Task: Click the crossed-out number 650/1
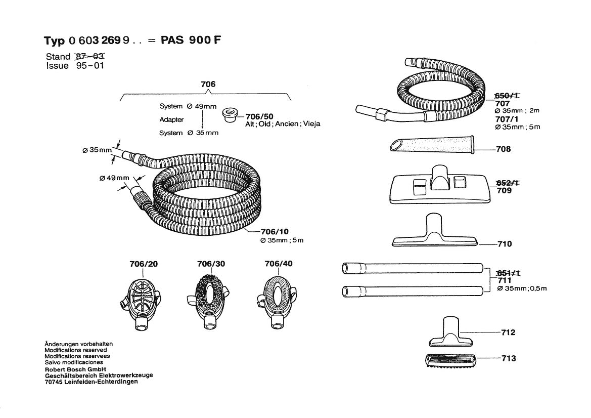point(509,96)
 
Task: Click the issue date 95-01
point(91,66)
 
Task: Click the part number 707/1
point(507,119)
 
